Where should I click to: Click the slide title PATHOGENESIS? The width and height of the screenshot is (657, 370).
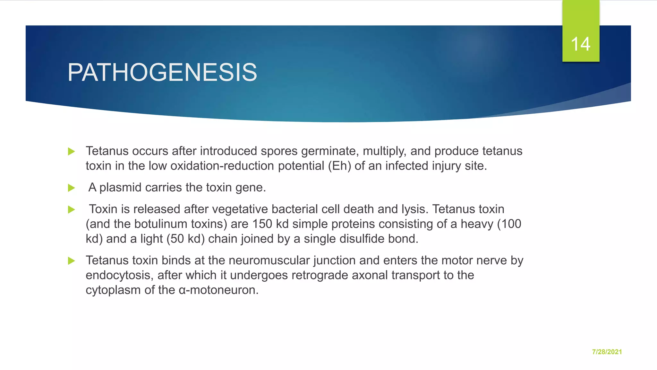tap(162, 73)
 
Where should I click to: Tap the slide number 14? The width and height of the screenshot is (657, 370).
tap(580, 44)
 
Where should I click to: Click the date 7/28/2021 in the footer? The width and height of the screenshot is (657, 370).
tap(607, 352)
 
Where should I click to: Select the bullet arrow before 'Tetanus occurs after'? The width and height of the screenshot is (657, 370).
tap(72, 152)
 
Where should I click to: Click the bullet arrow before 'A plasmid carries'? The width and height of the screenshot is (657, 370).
tap(72, 188)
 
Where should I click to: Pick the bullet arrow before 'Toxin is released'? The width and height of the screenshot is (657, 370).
tap(72, 210)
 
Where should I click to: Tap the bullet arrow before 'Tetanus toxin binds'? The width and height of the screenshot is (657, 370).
tap(72, 261)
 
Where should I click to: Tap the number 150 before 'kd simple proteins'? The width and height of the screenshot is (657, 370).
tap(262, 224)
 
